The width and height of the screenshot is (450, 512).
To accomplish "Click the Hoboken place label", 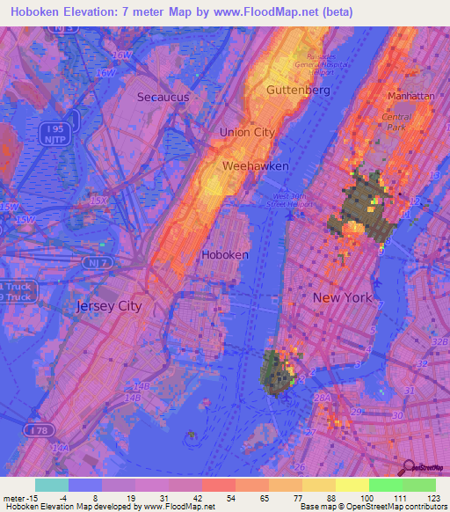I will [225, 254].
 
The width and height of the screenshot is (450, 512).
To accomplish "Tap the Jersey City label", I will [109, 306].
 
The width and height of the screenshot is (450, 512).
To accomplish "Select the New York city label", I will [343, 297].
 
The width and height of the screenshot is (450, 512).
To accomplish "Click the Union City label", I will [247, 132].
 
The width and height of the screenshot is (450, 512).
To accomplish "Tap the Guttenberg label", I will [298, 90].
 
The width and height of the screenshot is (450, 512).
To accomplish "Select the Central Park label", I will [397, 121].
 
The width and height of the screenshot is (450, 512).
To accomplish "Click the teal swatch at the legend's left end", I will [52, 485].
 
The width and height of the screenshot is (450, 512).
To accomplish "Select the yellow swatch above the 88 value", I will [318, 485].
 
